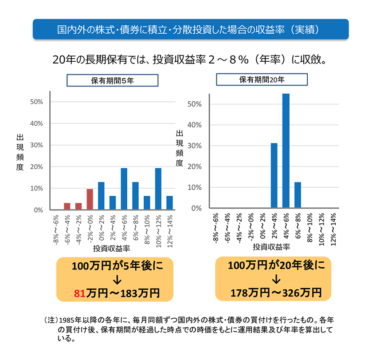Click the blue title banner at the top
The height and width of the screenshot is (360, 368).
click(191, 29)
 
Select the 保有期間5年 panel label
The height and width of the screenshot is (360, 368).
click(112, 80)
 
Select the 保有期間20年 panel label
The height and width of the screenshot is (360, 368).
click(262, 79)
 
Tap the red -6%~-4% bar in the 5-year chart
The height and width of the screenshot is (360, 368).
click(67, 206)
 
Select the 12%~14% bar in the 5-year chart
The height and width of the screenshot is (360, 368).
click(169, 203)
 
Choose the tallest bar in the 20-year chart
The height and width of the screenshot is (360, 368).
click(286, 151)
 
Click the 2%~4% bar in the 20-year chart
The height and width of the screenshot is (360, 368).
click(274, 176)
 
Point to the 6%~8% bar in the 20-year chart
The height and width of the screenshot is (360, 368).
click(298, 195)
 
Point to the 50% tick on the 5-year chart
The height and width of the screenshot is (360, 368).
click(36, 102)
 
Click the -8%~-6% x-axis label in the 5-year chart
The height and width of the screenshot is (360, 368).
click(55, 228)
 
